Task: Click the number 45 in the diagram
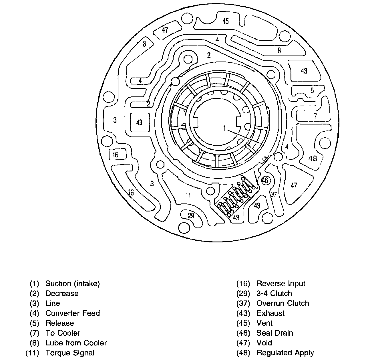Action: (x=226, y=21)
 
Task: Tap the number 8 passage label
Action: (x=279, y=50)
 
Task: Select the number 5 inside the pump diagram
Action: (x=312, y=90)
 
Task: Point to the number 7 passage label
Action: (x=315, y=116)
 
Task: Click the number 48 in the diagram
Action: (x=313, y=158)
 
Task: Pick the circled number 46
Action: (x=265, y=180)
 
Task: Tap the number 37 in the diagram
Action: (x=274, y=194)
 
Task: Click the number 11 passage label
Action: (x=188, y=196)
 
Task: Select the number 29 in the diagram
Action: (x=191, y=215)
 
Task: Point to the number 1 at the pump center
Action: (x=225, y=128)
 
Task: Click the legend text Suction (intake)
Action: (x=73, y=284)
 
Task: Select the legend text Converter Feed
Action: (x=73, y=313)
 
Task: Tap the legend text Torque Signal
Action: (x=70, y=353)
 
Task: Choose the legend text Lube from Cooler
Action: (x=76, y=343)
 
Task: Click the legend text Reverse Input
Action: (x=281, y=284)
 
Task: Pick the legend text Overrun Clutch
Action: (x=283, y=303)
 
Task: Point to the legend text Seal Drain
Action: (x=275, y=333)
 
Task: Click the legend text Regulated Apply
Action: (x=285, y=353)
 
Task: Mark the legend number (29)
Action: (x=243, y=294)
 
